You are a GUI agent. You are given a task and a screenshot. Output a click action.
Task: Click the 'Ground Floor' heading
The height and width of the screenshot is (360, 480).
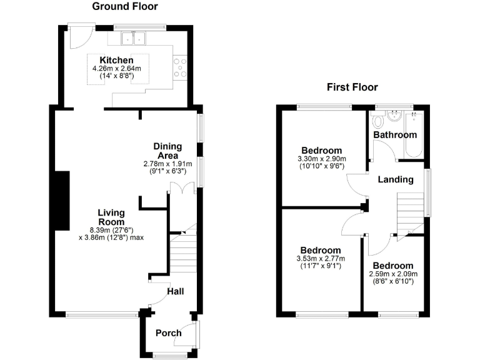[125, 7]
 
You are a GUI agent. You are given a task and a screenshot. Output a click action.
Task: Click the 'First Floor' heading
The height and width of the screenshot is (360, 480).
[352, 87]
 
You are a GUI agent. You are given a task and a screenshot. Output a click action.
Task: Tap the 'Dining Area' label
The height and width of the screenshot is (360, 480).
[167, 151]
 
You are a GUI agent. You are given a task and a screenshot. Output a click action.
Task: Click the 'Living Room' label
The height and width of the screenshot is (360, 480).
[111, 217]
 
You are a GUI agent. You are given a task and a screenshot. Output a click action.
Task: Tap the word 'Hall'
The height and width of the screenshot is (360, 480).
[175, 291]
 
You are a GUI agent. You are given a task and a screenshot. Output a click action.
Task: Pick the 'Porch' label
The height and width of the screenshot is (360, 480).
[168, 332]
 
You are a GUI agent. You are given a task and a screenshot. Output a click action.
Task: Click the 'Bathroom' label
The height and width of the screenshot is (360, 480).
[394, 135]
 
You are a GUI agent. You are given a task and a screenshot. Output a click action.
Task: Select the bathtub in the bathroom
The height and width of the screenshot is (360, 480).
[414, 134]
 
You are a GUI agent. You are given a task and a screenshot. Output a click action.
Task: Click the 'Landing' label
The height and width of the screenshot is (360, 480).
[395, 179]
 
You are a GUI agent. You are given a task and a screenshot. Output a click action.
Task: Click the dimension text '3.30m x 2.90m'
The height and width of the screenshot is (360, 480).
[322, 159]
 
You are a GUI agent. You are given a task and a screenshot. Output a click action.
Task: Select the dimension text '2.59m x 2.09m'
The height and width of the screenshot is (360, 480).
[392, 274]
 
